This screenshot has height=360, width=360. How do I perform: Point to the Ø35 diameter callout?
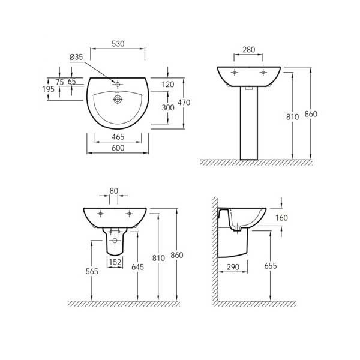tap(76, 57)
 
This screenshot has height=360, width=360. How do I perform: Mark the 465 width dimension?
tap(118, 137)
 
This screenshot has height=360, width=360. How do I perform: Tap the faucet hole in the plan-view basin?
tap(119, 83)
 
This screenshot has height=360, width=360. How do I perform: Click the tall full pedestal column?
tap(249, 126)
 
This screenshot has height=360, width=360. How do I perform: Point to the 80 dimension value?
tap(114, 191)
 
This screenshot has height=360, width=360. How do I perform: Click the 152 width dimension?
tap(115, 262)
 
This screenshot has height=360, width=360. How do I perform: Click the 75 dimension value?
tap(59, 82)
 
